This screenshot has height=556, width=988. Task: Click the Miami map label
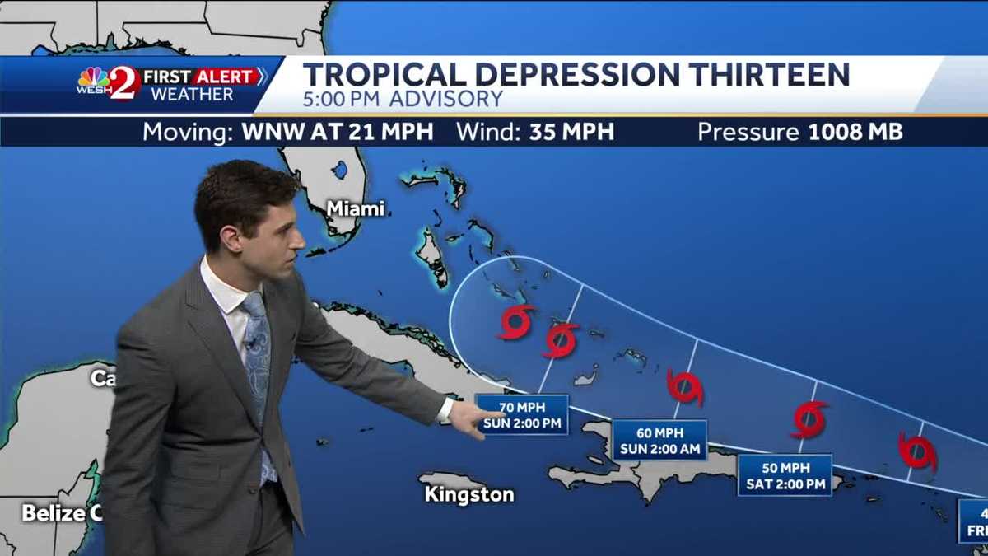coord(356,209)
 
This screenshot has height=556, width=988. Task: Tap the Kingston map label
coord(469,494)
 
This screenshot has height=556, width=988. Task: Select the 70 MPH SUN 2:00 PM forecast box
coord(522,415)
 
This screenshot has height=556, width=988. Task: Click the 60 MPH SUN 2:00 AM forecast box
coord(659,441)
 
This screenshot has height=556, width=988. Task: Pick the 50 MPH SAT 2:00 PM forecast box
coord(785,475)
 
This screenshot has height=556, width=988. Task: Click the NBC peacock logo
coord(92,77)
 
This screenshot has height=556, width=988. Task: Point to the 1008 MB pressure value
coord(855,133)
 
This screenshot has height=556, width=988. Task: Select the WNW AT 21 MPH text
coord(337,133)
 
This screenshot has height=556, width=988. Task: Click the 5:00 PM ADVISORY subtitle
coord(403,100)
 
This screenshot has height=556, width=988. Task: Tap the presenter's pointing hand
coord(473,419)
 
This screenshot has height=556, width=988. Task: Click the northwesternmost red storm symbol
coord(516,321)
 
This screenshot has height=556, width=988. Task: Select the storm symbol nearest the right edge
coord(917,451)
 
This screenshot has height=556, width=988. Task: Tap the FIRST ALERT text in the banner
coord(200,77)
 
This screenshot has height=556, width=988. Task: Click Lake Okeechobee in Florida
coord(340,171)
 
